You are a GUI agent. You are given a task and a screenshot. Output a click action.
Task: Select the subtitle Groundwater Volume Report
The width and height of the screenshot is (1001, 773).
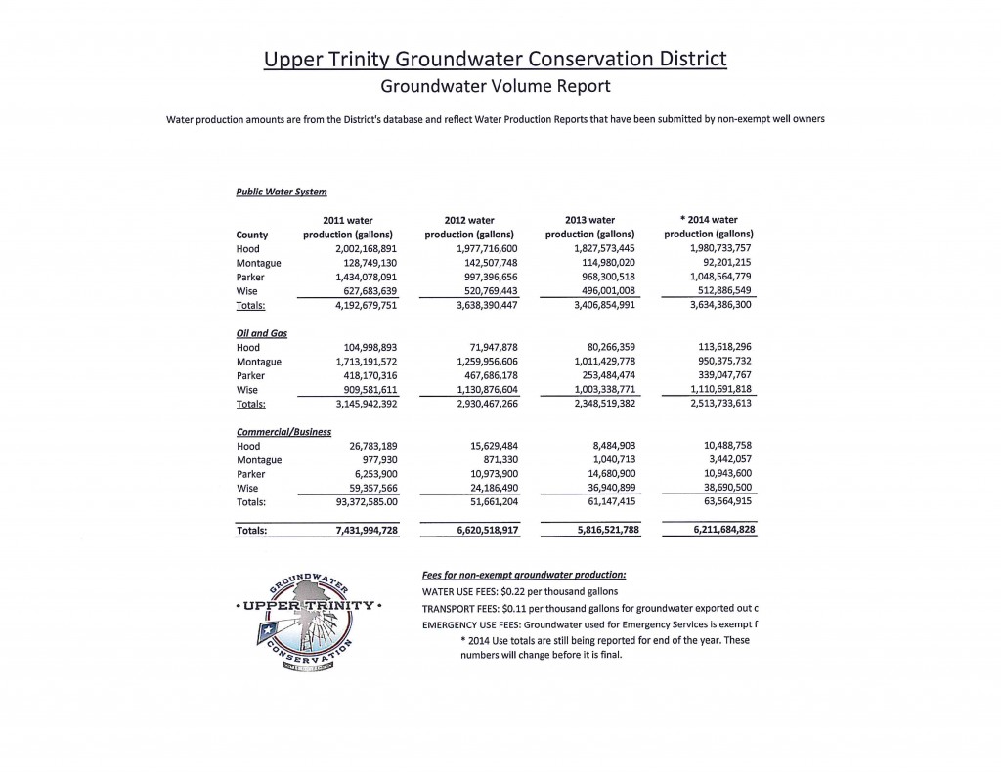tap(496, 86)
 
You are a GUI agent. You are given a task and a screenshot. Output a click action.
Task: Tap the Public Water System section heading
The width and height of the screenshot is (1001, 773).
tap(281, 192)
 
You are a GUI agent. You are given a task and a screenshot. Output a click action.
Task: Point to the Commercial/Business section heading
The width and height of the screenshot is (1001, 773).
tap(283, 431)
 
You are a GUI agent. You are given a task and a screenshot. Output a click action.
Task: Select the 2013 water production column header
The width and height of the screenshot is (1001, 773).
tap(589, 227)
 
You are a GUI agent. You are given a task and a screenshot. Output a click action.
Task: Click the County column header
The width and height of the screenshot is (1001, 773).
tap(252, 235)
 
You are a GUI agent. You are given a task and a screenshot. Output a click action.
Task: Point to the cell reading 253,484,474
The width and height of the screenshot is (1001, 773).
tap(595, 375)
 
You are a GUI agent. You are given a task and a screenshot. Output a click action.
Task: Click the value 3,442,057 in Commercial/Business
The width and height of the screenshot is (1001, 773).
tap(720, 459)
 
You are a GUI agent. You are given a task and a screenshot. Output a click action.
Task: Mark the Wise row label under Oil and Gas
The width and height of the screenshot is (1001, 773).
tap(247, 390)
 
